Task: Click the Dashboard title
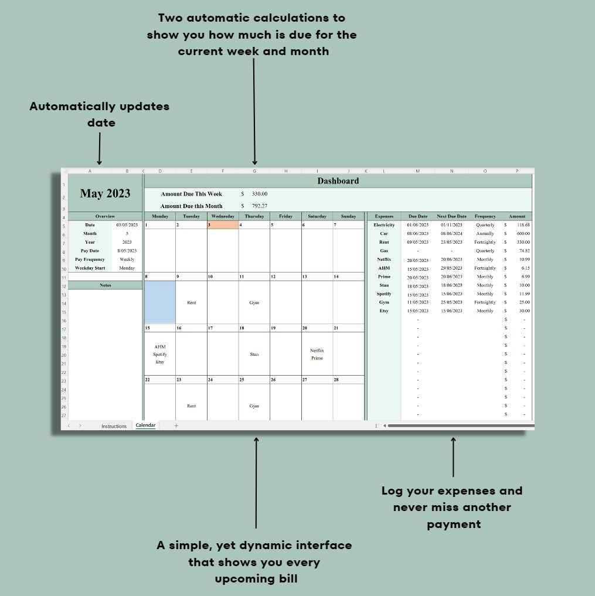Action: click(338, 181)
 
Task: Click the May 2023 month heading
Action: click(105, 194)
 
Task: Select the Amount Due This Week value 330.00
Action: click(259, 194)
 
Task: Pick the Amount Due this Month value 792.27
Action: click(259, 206)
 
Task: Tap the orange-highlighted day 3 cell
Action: click(223, 225)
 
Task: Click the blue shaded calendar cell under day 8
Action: click(160, 302)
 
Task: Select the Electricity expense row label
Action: click(384, 225)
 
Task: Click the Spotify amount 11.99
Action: click(523, 294)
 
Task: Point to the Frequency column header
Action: click(485, 216)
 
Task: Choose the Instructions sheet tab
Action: click(114, 426)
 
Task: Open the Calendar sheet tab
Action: click(145, 425)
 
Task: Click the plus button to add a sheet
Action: click(176, 426)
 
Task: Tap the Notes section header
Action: click(106, 285)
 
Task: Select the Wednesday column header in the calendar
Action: click(223, 216)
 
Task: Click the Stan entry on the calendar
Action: click(254, 355)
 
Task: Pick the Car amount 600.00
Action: click(523, 233)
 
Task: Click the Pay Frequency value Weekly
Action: click(127, 259)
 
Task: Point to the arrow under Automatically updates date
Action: click(99, 149)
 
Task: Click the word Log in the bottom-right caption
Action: click(393, 491)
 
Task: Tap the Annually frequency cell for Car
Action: click(485, 233)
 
